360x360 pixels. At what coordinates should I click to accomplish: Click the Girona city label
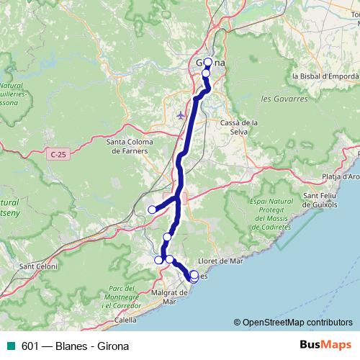(x=210, y=63)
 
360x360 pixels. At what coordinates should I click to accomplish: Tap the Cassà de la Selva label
(x=239, y=127)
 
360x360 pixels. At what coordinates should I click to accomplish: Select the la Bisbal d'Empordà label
(x=325, y=76)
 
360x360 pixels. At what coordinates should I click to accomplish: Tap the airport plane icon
(x=181, y=114)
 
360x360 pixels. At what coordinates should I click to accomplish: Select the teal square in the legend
(x=9, y=345)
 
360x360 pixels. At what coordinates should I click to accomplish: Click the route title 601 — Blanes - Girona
(x=71, y=345)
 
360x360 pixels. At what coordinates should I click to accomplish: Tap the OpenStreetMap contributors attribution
(x=297, y=323)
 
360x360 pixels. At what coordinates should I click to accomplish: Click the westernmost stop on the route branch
(x=152, y=210)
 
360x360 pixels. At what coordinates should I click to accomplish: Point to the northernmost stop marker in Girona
(x=208, y=62)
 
